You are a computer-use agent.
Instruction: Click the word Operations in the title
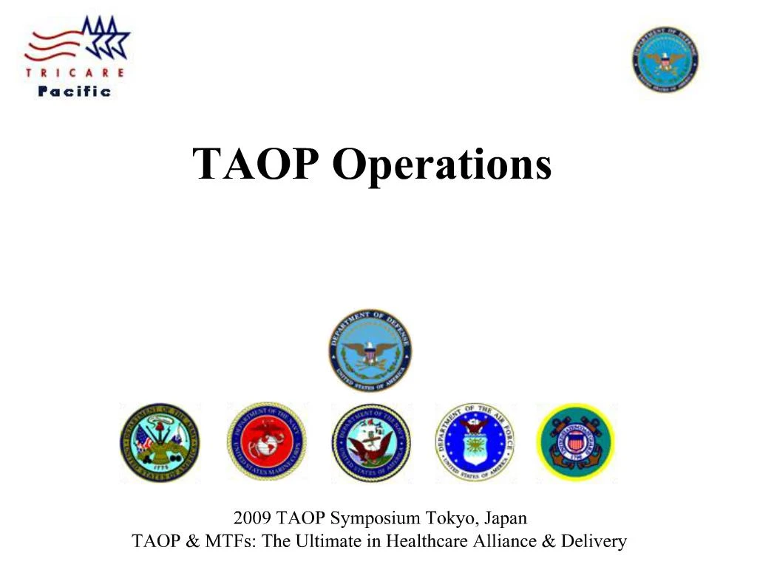[441, 165]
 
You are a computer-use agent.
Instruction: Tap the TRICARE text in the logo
[75, 73]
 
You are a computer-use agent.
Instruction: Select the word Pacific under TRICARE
[75, 92]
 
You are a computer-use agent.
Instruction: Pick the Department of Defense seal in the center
[370, 351]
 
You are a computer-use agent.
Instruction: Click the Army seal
[160, 443]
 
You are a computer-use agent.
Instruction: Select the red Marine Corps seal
[266, 443]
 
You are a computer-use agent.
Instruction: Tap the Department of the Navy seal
[370, 443]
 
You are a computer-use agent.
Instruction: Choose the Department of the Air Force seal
[475, 443]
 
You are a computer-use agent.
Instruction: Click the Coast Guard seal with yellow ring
[575, 443]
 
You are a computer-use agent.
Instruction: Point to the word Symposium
[367, 518]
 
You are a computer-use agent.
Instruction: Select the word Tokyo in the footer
[444, 518]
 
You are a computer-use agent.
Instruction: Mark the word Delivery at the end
[594, 541]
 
